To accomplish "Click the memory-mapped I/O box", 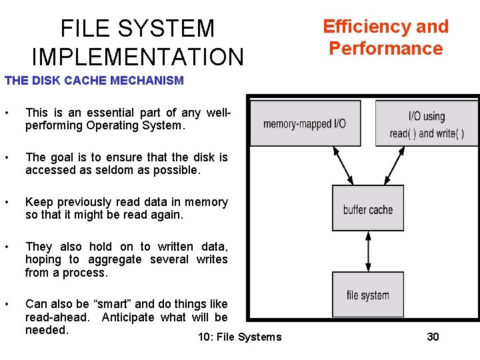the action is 305,123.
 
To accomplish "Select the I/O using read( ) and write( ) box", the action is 427,124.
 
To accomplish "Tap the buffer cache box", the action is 368,209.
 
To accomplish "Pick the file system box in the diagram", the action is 368,295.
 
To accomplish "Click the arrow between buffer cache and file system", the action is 368,251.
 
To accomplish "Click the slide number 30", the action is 433,337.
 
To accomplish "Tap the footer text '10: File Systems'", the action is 240,337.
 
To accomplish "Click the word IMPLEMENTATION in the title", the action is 137,57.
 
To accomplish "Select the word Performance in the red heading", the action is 386,49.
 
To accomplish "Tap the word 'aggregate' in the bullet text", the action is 113,259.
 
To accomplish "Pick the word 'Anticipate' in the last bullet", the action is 128,317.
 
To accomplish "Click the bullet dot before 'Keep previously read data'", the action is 6,202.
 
